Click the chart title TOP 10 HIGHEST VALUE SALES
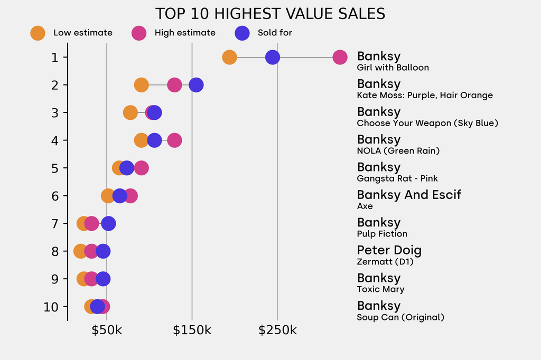pos(270,13)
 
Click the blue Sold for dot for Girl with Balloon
pos(272,57)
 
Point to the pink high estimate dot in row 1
pos(340,57)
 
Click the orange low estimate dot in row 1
pos(229,57)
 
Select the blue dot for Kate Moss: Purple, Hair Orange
pos(196,84)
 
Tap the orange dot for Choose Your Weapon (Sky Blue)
pos(130,112)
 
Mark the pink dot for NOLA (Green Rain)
pos(174,140)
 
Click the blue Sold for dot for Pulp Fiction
pos(108,223)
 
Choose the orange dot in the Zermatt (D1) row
pos(80,251)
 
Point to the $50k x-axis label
pos(107,331)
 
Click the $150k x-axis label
pos(192,331)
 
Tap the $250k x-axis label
pos(277,331)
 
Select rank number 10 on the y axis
pos(51,307)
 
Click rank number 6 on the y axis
pos(55,196)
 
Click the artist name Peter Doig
pos(389,250)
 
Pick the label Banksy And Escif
pos(409,195)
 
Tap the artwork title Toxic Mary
pos(380,289)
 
